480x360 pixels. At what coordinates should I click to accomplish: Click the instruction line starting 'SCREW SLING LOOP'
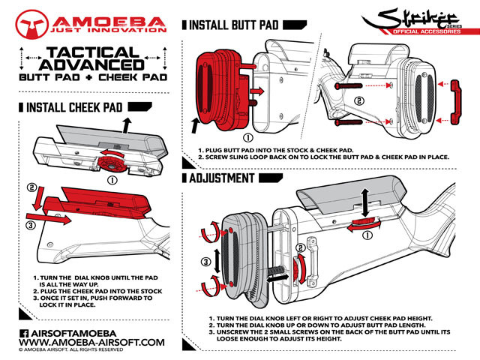(322, 157)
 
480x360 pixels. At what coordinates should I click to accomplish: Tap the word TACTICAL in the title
(90, 53)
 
